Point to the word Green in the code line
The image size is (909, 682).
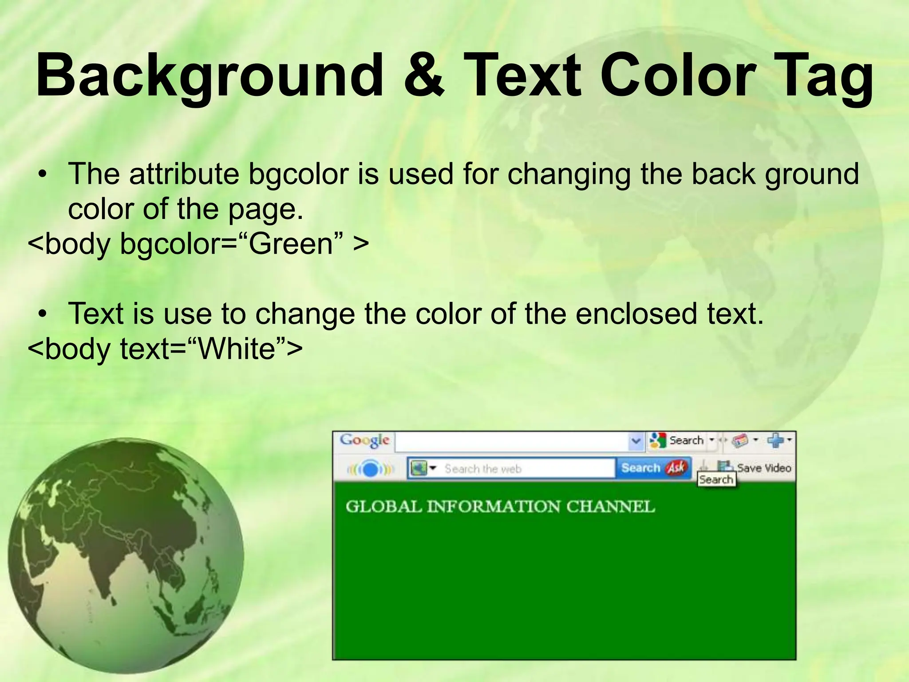[291, 244]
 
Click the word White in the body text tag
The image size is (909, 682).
[237, 349]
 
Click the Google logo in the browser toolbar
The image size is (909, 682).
[364, 440]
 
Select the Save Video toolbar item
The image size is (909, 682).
[763, 468]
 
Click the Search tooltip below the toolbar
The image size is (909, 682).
[716, 480]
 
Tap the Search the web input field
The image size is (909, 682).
[524, 468]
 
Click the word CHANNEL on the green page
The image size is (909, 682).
[610, 507]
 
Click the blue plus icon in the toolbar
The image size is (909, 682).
[775, 440]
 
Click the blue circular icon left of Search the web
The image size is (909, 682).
[370, 469]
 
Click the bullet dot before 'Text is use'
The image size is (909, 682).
[43, 314]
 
